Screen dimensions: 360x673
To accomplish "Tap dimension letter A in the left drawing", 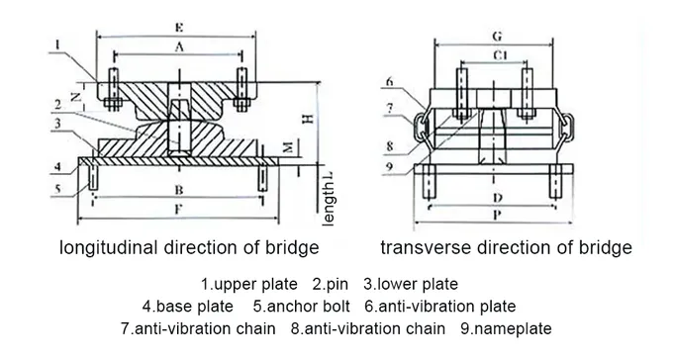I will pos(178,46).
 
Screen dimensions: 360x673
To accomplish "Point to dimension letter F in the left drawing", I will pos(178,210).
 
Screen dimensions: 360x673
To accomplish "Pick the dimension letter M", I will pos(287,147).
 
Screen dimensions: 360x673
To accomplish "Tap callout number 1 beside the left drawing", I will pos(58,44).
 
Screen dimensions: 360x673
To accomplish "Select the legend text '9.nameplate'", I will pos(505,327).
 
